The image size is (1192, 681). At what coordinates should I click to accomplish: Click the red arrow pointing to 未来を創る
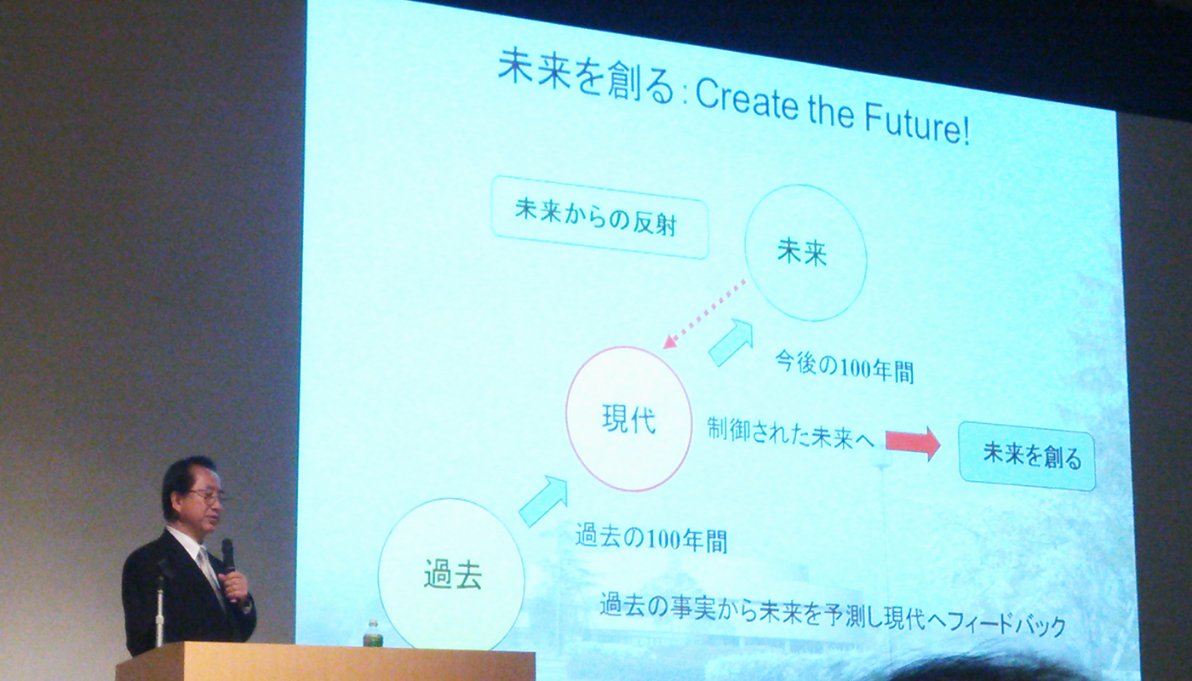point(913,442)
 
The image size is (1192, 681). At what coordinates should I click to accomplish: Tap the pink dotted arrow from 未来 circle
point(705,314)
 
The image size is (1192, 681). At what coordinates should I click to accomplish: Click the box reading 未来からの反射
point(599,218)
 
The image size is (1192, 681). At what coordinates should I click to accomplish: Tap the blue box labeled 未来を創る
point(1027,456)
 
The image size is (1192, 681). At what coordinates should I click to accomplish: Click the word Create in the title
point(748,101)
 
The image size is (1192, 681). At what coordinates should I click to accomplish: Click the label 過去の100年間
point(650,537)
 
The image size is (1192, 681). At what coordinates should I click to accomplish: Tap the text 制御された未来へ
point(790,432)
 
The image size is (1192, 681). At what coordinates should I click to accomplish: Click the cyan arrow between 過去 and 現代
point(543,501)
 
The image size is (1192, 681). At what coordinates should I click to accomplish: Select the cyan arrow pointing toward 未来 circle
point(731,342)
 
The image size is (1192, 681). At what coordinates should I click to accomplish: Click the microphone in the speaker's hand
point(229,558)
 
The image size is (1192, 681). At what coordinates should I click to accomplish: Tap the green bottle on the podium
point(372,632)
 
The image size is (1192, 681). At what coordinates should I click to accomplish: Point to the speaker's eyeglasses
point(209,496)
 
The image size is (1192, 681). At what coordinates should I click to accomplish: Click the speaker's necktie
point(209,575)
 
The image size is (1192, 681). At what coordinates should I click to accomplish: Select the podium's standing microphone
point(159,612)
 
